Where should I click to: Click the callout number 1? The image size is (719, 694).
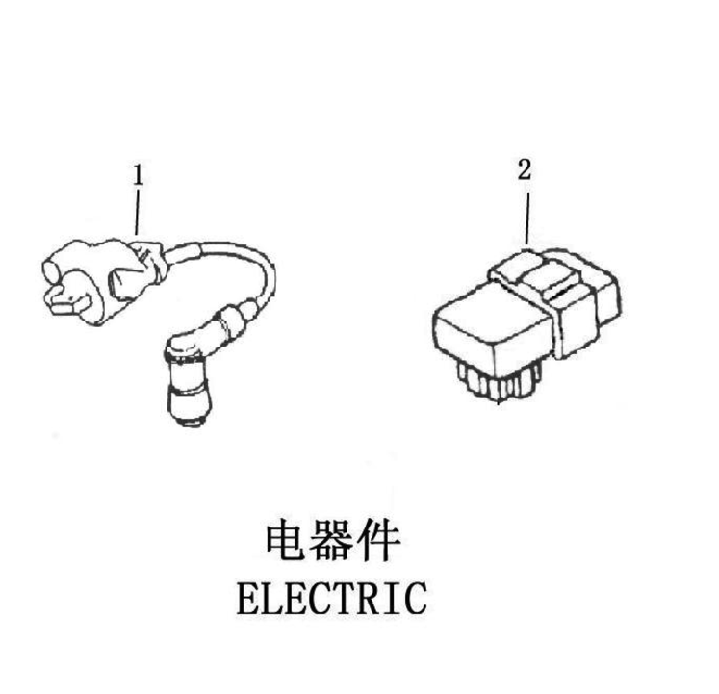tap(138, 175)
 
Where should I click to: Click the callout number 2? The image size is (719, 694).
tap(525, 169)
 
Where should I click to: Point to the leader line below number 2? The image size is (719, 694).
tap(527, 218)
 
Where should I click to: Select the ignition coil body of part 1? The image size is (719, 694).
tap(101, 280)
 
